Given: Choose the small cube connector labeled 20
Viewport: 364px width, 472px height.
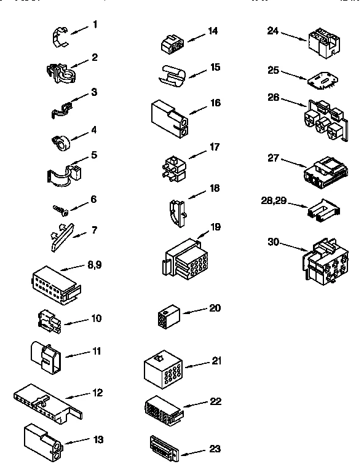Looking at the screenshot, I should tap(167, 317).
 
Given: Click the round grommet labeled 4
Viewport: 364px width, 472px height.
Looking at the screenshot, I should tap(60, 142).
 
